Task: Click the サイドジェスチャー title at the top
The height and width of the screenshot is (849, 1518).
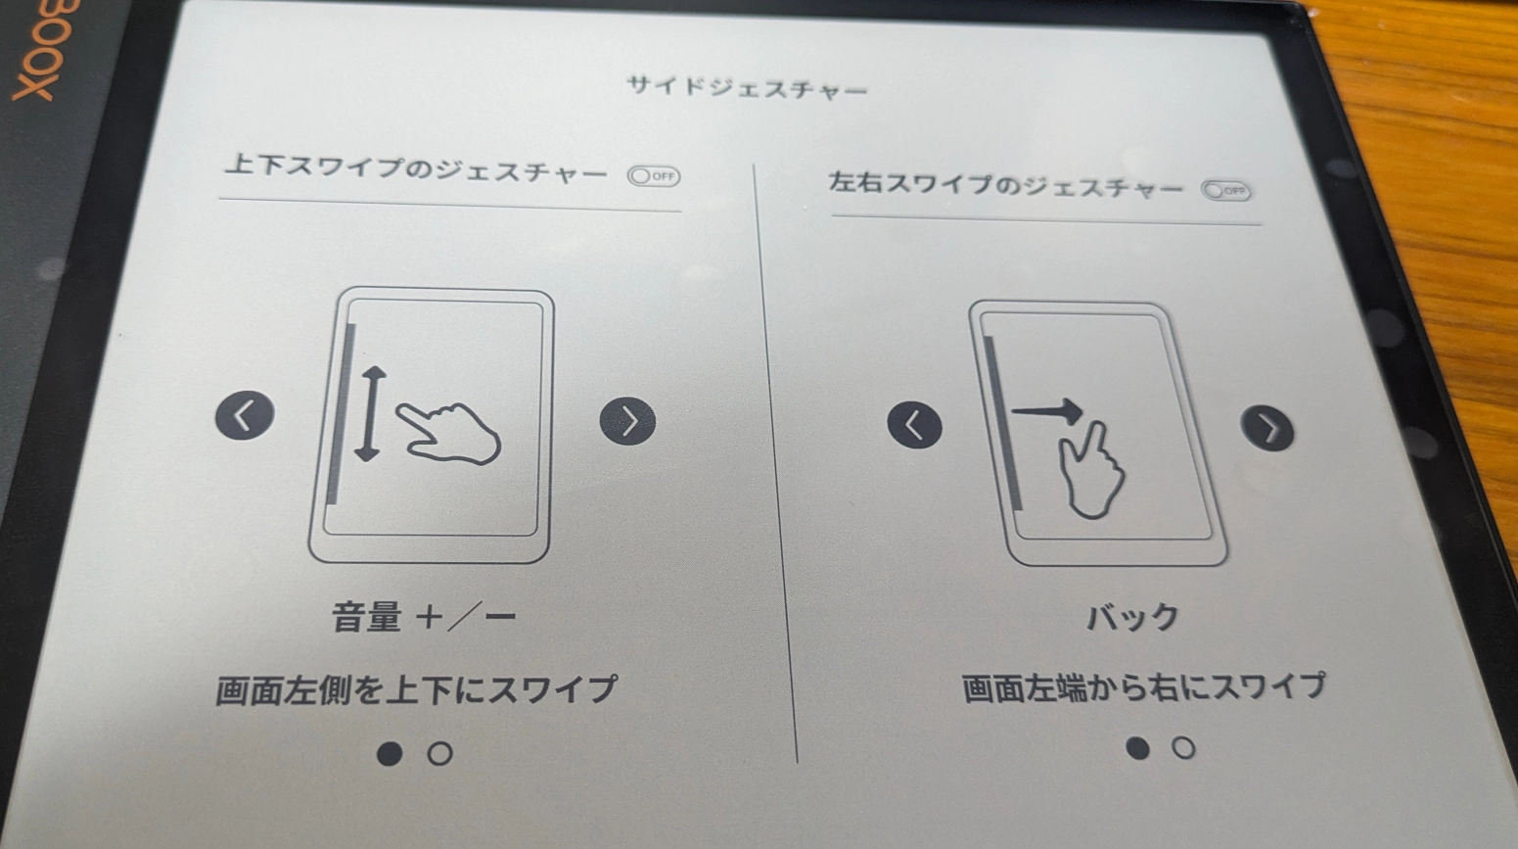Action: coord(747,89)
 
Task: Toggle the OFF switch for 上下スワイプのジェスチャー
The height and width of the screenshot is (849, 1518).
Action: coord(654,176)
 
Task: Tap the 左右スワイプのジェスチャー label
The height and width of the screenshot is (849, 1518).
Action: coord(1005,185)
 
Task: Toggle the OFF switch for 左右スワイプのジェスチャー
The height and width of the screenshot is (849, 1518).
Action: coord(1225,191)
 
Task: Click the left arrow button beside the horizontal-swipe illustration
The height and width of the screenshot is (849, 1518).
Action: coord(914,425)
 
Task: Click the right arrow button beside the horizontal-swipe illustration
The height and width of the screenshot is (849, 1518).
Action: coord(1267,429)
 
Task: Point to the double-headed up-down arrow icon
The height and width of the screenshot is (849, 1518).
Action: coord(369,413)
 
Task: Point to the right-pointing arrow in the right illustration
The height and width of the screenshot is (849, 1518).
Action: coord(1047,411)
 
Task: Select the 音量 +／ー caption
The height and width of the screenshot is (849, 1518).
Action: coord(424,618)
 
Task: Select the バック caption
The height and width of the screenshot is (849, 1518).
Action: coord(1132,618)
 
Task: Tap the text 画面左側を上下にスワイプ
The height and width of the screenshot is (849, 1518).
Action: coord(416,689)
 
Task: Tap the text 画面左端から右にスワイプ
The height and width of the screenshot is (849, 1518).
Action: coord(1143,687)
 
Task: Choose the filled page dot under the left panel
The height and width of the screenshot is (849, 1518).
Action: coord(390,753)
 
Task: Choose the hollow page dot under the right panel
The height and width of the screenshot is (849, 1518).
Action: coord(1183,749)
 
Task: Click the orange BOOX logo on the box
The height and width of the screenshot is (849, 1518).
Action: coord(37,49)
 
